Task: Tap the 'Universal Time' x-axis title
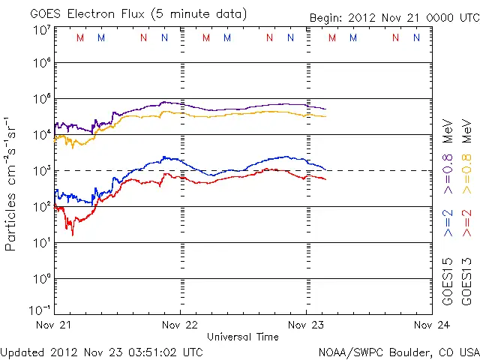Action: point(242,337)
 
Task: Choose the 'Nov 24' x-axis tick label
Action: point(431,325)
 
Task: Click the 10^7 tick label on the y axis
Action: point(41,29)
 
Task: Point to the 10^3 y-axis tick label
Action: point(41,171)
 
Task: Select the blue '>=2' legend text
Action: point(448,223)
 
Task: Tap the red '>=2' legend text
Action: point(467,223)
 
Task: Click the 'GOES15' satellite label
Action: point(448,283)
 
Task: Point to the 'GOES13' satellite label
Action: point(467,283)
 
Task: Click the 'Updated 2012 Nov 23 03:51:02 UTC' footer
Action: point(101,351)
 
